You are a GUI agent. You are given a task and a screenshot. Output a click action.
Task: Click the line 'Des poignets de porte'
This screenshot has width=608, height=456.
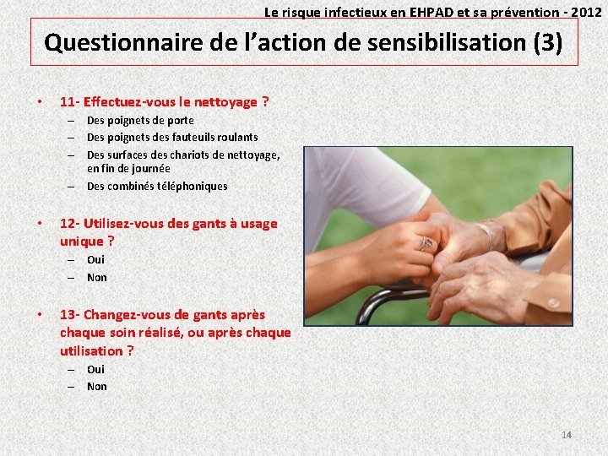tap(140, 121)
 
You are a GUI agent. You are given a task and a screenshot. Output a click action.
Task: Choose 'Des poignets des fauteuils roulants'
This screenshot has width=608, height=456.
tap(172, 137)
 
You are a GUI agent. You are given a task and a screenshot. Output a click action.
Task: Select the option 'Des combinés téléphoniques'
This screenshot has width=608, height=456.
tap(157, 186)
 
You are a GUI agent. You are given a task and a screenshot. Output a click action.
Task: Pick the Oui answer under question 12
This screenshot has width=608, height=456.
tap(95, 260)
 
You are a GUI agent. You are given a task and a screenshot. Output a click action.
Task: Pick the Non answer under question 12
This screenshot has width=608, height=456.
tap(97, 277)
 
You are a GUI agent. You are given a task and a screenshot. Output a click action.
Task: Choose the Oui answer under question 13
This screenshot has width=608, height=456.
tap(95, 369)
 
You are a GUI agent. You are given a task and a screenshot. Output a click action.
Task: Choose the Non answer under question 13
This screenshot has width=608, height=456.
tap(97, 386)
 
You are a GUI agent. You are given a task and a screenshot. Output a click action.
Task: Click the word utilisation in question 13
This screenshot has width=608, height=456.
tap(91, 350)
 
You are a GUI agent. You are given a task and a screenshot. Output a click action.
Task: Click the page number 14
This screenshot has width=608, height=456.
tap(567, 435)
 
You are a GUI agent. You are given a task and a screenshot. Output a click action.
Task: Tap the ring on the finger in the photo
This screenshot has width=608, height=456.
tap(426, 243)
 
